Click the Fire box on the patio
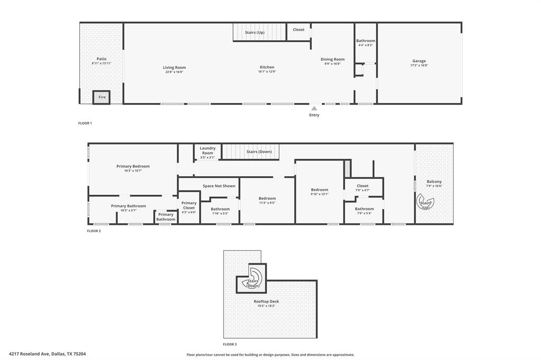point(101,97)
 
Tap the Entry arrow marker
point(314,108)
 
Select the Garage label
point(419,61)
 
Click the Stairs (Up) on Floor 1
point(254,33)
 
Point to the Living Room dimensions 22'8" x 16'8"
point(174,72)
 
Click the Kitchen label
point(267,67)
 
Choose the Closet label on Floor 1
point(299,30)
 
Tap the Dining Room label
point(332,59)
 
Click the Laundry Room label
point(208,151)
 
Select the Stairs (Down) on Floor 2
point(259,152)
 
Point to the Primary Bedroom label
point(133,166)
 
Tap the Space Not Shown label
point(219,186)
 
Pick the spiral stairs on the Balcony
point(426,203)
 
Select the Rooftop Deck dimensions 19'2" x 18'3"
point(266,306)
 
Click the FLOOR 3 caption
point(230,344)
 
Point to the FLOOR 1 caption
point(85,123)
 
